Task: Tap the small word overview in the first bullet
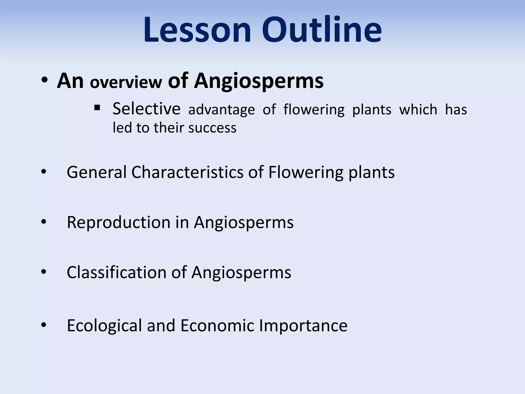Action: (126, 82)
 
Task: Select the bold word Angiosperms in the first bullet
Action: (259, 81)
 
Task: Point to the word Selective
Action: (146, 109)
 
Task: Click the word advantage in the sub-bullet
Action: (221, 110)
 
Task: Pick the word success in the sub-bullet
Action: (212, 128)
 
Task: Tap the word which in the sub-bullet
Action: (418, 110)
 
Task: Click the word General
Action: (97, 172)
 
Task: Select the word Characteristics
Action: (187, 172)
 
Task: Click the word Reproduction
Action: (118, 222)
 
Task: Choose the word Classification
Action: (117, 272)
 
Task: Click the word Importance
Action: (303, 326)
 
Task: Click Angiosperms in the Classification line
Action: (241, 273)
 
